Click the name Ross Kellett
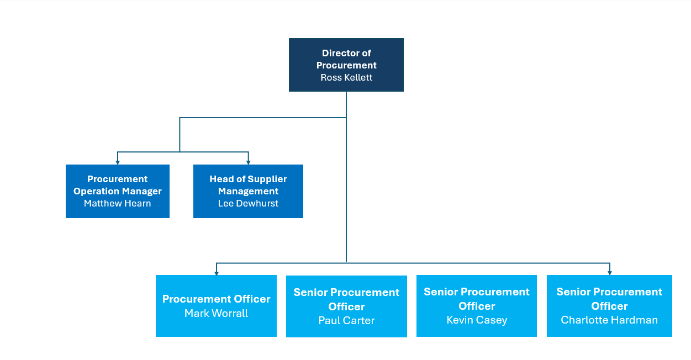pyautogui.click(x=346, y=78)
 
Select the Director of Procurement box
pyautogui.click(x=346, y=65)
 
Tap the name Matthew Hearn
pyautogui.click(x=118, y=204)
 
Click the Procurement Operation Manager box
pyautogui.click(x=118, y=191)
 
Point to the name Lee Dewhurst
pyautogui.click(x=248, y=204)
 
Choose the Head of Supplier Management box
pyautogui.click(x=248, y=191)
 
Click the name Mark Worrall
pyautogui.click(x=216, y=314)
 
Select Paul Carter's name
pyautogui.click(x=346, y=321)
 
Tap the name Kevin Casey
pyautogui.click(x=477, y=320)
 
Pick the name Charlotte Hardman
pyautogui.click(x=609, y=320)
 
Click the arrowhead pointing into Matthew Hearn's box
pyautogui.click(x=118, y=162)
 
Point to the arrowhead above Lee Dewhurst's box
pyautogui.click(x=249, y=162)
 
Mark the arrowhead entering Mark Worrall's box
pyautogui.click(x=217, y=272)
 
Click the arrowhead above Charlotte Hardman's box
pyautogui.click(x=609, y=272)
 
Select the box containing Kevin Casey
pyautogui.click(x=477, y=306)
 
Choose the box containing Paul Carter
pyautogui.click(x=346, y=306)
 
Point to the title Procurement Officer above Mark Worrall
pyautogui.click(x=216, y=299)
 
